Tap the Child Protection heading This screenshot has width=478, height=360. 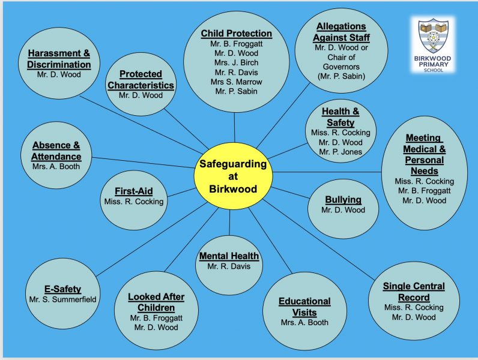tap(236, 34)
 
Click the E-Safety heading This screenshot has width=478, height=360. tap(63, 289)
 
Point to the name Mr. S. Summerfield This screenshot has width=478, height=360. tap(63, 299)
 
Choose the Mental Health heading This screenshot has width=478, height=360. tap(229, 256)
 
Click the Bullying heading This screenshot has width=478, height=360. tap(343, 200)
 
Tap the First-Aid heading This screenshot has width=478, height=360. tap(133, 191)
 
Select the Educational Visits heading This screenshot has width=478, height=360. tap(304, 307)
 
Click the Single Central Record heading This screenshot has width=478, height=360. tap(414, 292)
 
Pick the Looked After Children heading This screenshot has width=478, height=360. tap(156, 302)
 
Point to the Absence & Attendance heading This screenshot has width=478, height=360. tap(56, 151)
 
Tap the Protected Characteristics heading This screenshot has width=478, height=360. tap(141, 79)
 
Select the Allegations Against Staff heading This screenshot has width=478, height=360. tap(340, 32)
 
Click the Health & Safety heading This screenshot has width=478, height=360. tap(340, 117)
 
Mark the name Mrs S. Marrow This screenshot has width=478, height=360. tap(236, 82)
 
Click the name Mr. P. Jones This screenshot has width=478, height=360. tap(340, 152)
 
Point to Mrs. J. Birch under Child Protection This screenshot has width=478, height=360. tap(236, 62)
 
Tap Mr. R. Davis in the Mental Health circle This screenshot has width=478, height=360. tap(229, 266)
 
